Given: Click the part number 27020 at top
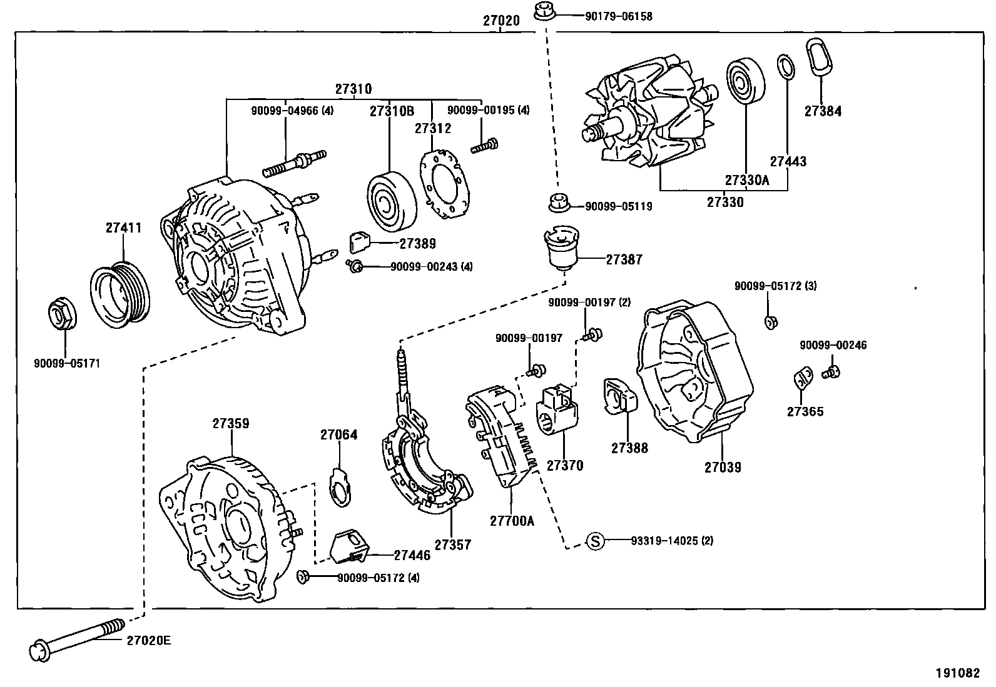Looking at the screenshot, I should point(501,21).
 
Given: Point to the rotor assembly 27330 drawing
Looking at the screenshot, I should point(651,116).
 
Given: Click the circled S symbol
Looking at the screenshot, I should point(596,541).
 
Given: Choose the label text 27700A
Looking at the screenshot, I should point(512,520).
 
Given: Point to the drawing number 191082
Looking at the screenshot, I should point(957,673).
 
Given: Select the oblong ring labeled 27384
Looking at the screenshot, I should point(819,60).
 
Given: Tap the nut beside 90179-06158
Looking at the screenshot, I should point(542,11).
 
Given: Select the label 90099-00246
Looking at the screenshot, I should point(833,345).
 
